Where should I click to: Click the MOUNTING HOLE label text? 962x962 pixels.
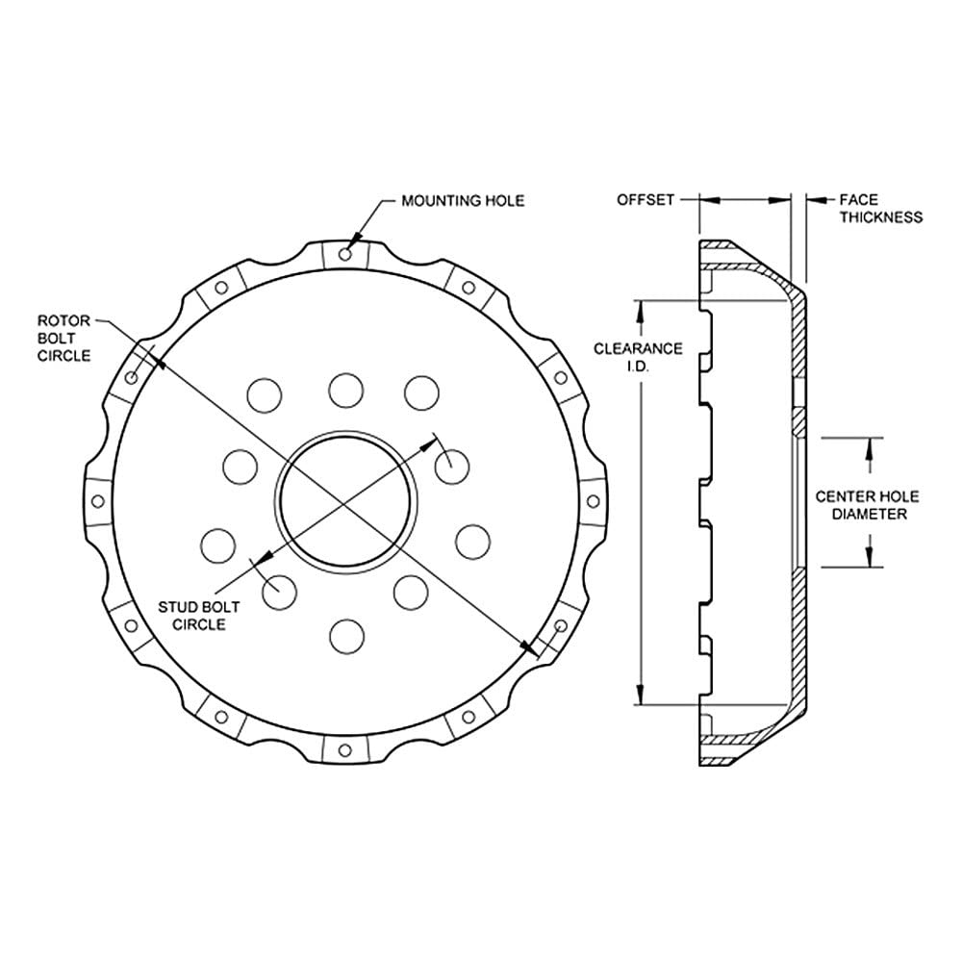tap(463, 201)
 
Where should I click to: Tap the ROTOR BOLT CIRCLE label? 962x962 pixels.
tap(63, 338)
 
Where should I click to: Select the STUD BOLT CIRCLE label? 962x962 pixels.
tap(199, 616)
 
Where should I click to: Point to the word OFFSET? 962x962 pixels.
tap(646, 200)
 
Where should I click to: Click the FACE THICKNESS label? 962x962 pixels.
tap(881, 209)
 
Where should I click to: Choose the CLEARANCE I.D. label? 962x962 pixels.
tap(638, 357)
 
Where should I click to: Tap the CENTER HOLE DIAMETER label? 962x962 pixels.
tap(867, 505)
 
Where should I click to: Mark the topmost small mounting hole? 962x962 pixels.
tap(345, 253)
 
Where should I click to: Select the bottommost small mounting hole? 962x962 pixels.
tap(344, 749)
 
